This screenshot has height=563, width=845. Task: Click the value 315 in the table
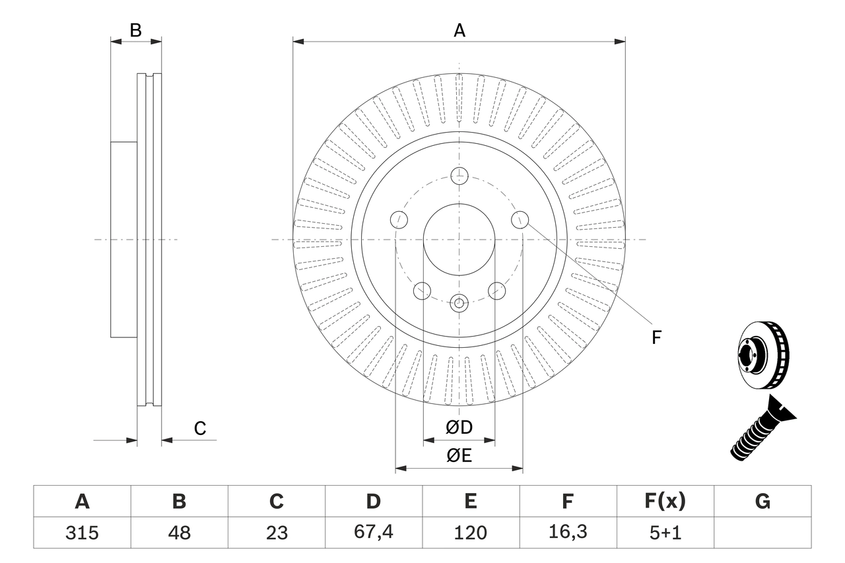point(82,533)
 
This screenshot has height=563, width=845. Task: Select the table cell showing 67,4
point(374,533)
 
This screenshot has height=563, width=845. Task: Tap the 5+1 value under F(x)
point(665,533)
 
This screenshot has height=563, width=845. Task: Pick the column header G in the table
point(762,502)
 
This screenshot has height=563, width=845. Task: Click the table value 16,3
point(568,533)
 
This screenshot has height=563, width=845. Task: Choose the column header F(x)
point(665,502)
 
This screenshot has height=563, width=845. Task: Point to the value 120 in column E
point(471,533)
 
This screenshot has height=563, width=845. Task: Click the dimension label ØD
point(459,427)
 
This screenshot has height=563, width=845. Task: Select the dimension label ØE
point(459,455)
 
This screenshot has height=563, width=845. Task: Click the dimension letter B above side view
point(135,30)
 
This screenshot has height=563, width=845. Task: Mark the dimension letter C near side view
point(200,428)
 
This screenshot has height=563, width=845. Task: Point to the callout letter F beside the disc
point(656,337)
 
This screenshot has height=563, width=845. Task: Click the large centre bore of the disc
point(459,239)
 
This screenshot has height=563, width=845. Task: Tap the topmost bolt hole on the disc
point(459,176)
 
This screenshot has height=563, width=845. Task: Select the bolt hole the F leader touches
point(520,218)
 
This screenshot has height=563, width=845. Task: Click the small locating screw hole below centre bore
point(459,304)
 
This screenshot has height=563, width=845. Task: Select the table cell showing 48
point(179,533)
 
